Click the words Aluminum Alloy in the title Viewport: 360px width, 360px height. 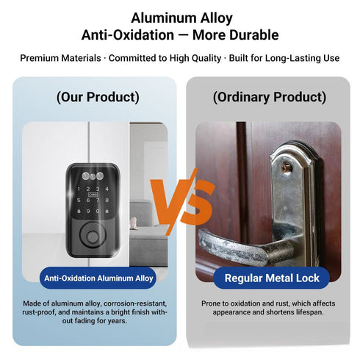[180, 17]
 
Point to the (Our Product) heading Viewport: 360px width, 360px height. [98, 97]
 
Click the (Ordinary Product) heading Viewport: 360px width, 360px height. [269, 97]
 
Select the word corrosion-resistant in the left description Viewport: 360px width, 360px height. [140, 303]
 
